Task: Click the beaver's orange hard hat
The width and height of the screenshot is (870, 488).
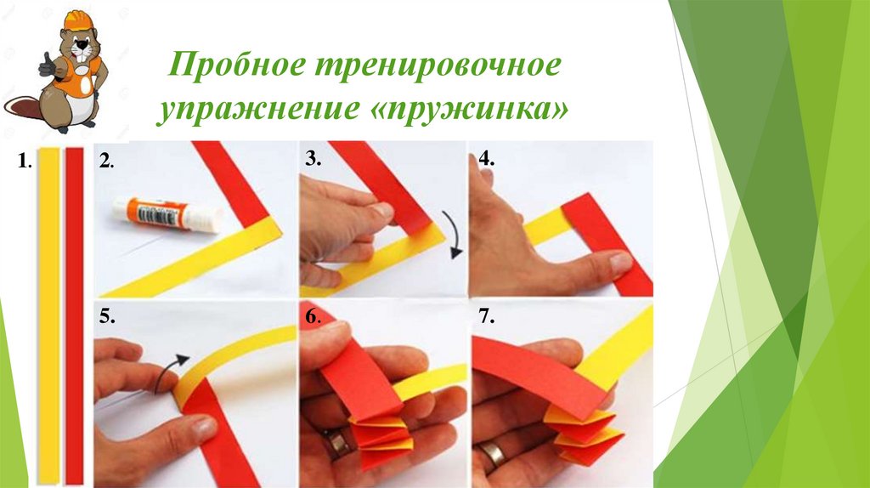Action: click(79, 20)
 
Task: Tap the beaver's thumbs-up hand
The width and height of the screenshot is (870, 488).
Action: click(48, 65)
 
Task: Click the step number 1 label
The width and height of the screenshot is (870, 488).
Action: click(23, 162)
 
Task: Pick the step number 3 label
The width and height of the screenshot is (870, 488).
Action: click(313, 159)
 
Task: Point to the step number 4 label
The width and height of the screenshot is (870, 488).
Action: click(486, 159)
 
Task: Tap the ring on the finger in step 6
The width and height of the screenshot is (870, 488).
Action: click(336, 444)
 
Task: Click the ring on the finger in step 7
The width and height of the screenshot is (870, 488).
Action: click(492, 455)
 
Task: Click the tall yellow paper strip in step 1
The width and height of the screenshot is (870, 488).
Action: click(48, 315)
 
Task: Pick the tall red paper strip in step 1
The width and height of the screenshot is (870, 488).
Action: click(75, 315)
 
